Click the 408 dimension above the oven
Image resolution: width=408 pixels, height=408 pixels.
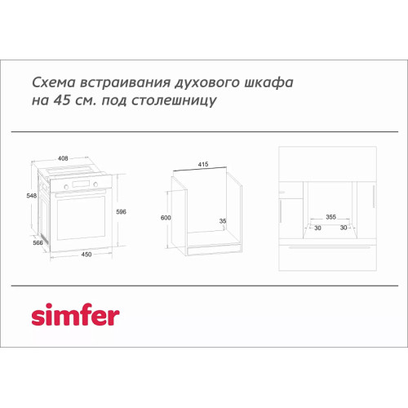click(x=63, y=158)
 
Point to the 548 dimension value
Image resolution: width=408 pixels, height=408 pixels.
click(x=32, y=196)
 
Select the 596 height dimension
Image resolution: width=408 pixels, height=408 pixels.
click(x=121, y=211)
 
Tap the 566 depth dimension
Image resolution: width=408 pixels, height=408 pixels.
click(x=38, y=242)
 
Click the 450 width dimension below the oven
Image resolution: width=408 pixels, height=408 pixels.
click(x=86, y=255)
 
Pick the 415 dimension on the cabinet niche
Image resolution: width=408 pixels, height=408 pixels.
click(x=203, y=164)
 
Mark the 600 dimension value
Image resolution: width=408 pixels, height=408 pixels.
click(x=166, y=218)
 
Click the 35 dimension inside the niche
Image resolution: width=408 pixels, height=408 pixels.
click(x=223, y=221)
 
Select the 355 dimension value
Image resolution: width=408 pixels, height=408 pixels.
click(x=330, y=217)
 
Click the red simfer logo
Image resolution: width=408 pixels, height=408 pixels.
click(x=75, y=314)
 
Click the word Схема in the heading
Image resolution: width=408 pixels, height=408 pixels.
click(x=54, y=82)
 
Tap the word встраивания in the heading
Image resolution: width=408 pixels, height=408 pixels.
click(x=126, y=82)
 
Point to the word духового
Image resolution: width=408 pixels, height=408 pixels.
click(x=207, y=83)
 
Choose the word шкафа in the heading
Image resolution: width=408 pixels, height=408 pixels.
click(x=269, y=83)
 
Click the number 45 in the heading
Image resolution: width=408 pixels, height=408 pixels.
click(x=62, y=100)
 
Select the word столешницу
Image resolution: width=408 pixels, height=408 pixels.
click(x=174, y=101)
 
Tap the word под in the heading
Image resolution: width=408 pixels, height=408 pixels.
click(x=114, y=101)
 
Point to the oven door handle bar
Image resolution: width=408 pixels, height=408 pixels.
click(x=80, y=193)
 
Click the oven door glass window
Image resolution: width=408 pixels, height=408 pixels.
click(x=81, y=218)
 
